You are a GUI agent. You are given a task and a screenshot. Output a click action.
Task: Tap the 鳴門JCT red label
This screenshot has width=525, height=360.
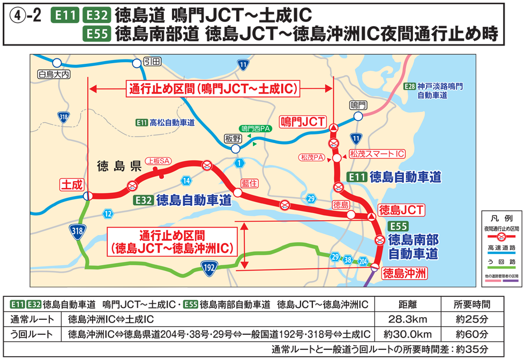point(303,122)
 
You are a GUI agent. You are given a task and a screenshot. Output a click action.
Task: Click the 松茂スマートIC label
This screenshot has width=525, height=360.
point(377,154)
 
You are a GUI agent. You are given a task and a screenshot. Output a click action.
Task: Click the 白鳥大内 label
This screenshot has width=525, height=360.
point(54,74)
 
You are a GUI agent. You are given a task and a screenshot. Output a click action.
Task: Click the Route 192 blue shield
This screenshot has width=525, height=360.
point(209,266)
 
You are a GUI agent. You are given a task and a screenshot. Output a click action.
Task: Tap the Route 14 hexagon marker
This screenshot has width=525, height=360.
point(186,180)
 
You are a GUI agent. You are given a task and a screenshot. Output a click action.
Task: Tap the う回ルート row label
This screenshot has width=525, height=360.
point(32,335)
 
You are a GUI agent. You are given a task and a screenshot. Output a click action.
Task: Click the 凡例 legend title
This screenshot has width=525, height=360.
point(500,219)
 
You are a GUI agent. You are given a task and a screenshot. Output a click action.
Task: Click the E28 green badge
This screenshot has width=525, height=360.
point(410,86)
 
